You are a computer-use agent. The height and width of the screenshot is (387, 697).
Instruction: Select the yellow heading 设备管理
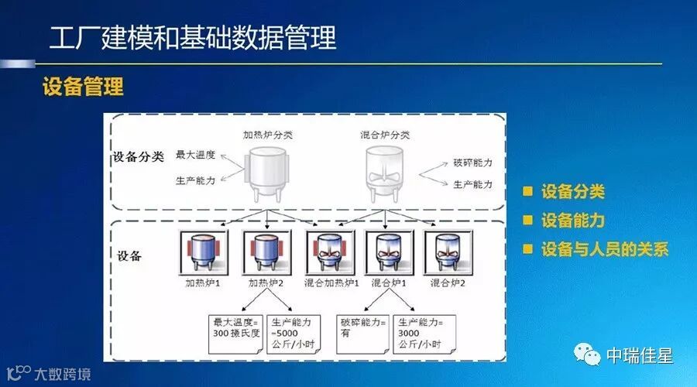pyautogui.click(x=83, y=86)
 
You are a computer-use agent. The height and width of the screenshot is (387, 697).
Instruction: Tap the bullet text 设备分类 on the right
pyautogui.click(x=573, y=193)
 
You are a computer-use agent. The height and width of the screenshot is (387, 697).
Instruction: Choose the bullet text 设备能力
pyautogui.click(x=573, y=221)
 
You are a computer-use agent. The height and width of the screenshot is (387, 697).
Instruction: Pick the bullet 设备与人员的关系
pyautogui.click(x=605, y=249)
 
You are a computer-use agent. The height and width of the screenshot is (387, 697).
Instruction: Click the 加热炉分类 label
pyautogui.click(x=267, y=134)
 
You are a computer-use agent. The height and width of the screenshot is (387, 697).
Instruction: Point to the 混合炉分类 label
pyautogui.click(x=385, y=134)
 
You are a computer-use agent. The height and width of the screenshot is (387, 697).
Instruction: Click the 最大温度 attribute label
pyautogui.click(x=195, y=154)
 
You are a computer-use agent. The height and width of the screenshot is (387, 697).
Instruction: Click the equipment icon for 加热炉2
pyautogui.click(x=265, y=252)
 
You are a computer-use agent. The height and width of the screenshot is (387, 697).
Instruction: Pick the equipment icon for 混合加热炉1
pyautogui.click(x=328, y=252)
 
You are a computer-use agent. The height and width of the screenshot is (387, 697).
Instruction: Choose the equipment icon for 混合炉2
pyautogui.click(x=448, y=252)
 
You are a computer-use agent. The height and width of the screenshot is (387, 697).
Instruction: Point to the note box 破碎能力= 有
pyautogui.click(x=361, y=329)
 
